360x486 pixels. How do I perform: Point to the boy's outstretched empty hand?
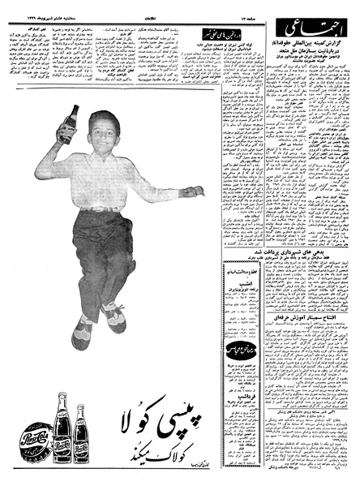[x=193, y=191]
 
